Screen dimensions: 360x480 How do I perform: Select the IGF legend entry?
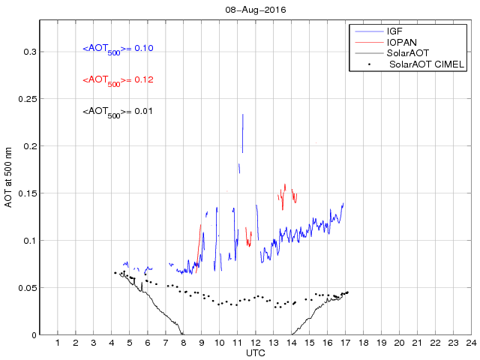(394, 31)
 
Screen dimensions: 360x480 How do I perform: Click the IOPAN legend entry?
(401, 43)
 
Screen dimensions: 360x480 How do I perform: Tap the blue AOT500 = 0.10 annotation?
(118, 49)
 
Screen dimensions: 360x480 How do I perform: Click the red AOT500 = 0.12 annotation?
(118, 80)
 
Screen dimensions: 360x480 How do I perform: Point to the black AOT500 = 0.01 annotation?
(118, 112)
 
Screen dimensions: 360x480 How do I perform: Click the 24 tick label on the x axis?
(471, 343)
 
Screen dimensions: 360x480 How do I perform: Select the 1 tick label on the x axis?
(58, 343)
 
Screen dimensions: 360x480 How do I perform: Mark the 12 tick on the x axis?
(256, 343)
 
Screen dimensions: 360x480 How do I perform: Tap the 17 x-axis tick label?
(346, 343)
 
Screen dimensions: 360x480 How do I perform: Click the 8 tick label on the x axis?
(184, 343)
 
